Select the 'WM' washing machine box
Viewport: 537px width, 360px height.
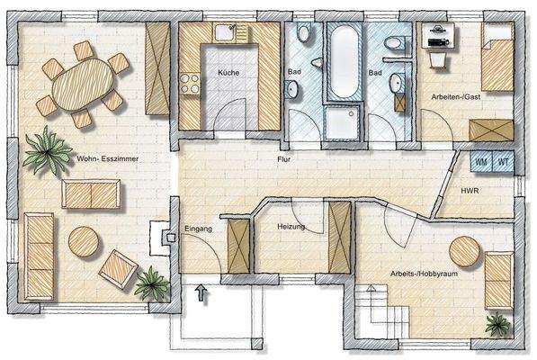[480, 162]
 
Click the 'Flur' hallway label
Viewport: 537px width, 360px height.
[284, 158]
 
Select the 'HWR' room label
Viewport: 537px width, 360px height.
[469, 192]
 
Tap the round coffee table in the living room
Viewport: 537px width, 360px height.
[84, 240]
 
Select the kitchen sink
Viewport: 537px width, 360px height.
[221, 34]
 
